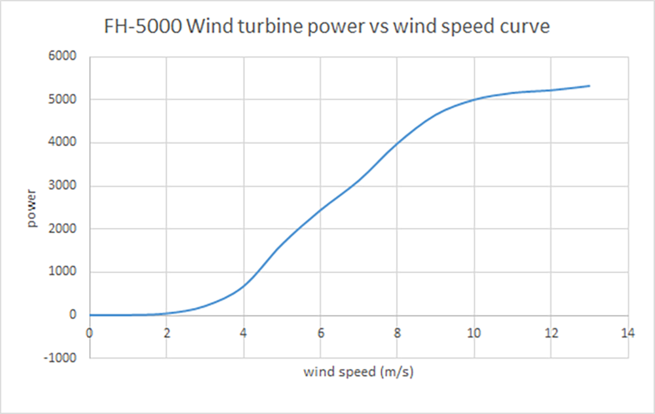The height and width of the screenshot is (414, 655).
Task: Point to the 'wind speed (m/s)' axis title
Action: click(x=359, y=372)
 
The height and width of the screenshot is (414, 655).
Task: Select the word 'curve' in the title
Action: click(x=522, y=28)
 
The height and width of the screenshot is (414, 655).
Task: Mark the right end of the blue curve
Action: click(x=589, y=86)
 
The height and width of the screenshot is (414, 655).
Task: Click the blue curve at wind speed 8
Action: click(x=397, y=143)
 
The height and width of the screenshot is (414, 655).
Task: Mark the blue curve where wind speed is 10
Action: click(x=474, y=100)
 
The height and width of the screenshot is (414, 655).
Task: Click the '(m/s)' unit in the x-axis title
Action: click(x=397, y=372)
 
